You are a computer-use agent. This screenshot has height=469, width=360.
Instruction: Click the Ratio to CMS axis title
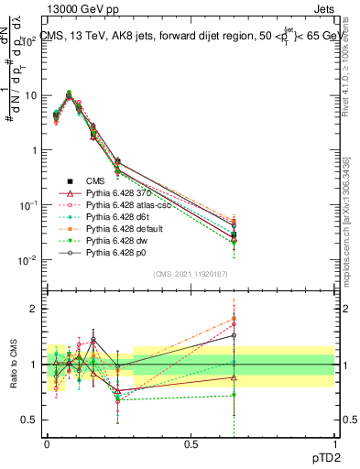click(13, 364)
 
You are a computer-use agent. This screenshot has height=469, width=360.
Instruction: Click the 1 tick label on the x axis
click(333, 443)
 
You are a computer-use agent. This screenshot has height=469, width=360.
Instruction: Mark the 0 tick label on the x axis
click(47, 443)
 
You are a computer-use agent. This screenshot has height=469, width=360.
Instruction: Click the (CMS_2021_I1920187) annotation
click(190, 274)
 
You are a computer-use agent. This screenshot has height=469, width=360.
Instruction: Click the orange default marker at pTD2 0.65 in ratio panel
click(234, 319)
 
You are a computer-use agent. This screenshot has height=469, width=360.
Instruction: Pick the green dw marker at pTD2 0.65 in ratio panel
click(234, 395)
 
